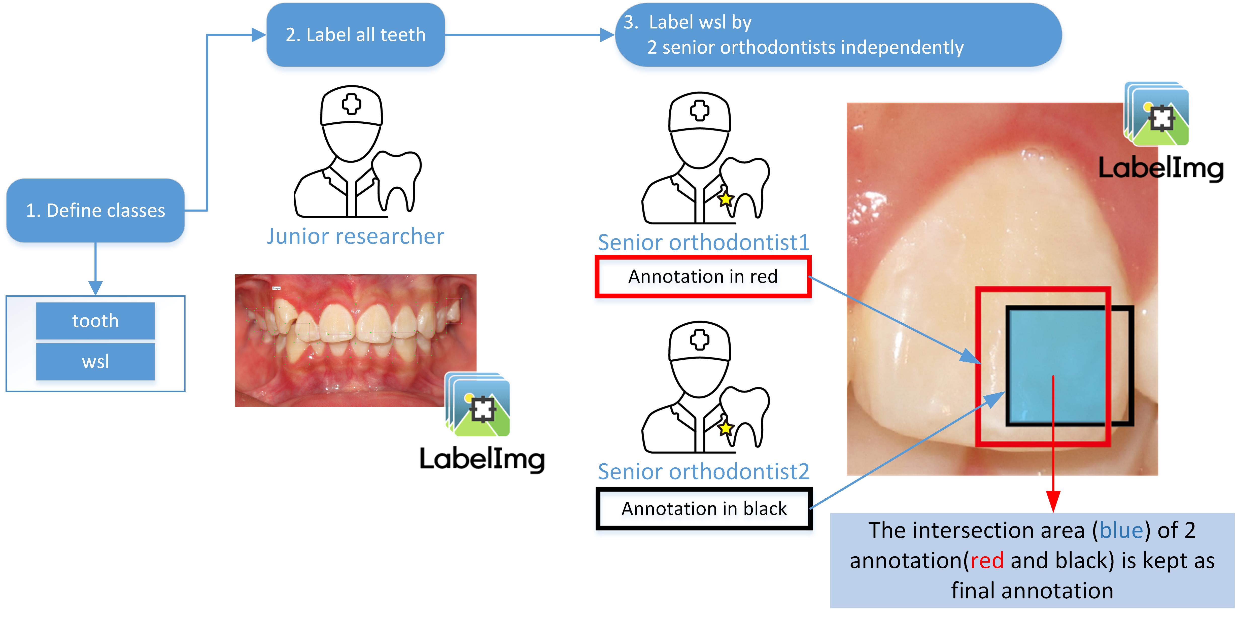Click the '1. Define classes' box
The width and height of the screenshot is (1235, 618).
(95, 211)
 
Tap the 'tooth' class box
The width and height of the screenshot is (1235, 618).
(95, 320)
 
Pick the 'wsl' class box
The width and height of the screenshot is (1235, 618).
(95, 361)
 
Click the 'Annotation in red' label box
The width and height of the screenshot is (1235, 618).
(703, 277)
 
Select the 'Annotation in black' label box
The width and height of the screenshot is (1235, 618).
(704, 509)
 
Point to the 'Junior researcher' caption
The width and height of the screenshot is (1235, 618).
(355, 236)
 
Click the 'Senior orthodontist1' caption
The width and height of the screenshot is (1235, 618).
(703, 242)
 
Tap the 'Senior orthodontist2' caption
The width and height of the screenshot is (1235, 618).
(703, 471)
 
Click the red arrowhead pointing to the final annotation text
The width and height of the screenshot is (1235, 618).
(1053, 502)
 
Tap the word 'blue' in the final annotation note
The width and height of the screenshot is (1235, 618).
(1121, 530)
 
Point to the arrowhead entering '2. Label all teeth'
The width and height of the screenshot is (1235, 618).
(259, 35)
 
